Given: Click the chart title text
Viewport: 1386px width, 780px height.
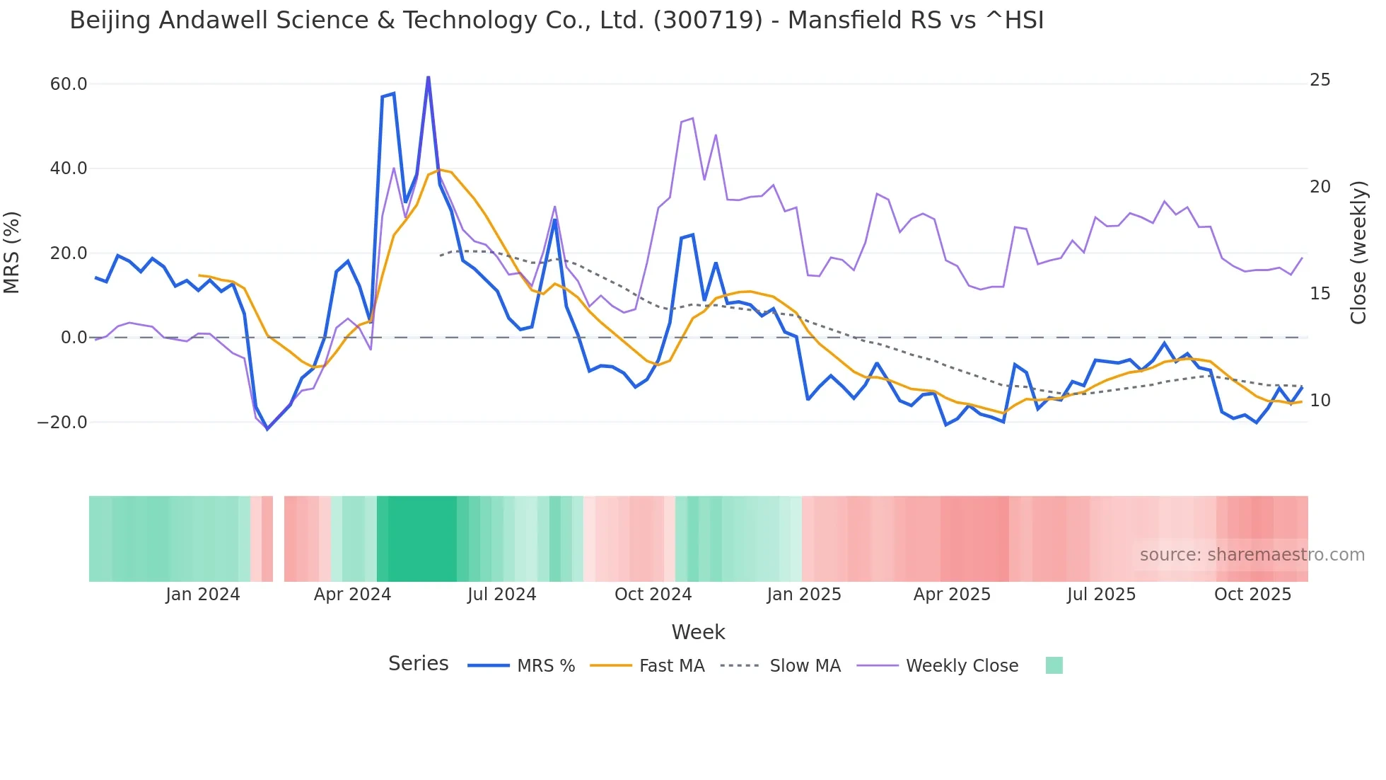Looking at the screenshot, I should point(557,21).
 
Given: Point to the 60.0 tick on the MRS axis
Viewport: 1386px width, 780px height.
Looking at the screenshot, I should point(69,84).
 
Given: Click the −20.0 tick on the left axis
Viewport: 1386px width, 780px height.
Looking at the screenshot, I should point(62,423).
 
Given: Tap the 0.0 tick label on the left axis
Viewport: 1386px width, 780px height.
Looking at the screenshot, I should point(74,338).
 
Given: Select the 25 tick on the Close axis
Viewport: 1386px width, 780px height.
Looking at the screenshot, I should point(1320,80).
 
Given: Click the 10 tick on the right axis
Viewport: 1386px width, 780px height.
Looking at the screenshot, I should point(1320,401).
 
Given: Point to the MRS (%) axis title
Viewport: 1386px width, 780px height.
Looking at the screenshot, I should point(12,252).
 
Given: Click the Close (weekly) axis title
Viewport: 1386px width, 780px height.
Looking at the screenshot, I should point(1358,252).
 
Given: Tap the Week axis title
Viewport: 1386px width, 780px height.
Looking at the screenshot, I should point(698,632).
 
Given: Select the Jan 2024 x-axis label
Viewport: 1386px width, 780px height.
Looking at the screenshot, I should point(203,595).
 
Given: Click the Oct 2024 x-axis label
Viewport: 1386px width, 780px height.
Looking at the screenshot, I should point(653,595).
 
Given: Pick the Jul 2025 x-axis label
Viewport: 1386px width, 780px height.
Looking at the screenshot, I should point(1101,595).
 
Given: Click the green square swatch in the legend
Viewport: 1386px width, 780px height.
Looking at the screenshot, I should point(1054,665).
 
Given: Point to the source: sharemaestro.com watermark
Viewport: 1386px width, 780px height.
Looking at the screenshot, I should point(1252,555).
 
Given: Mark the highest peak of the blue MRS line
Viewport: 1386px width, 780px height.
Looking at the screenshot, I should point(428,77).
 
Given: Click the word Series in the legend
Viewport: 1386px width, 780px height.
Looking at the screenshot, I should point(418,664).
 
